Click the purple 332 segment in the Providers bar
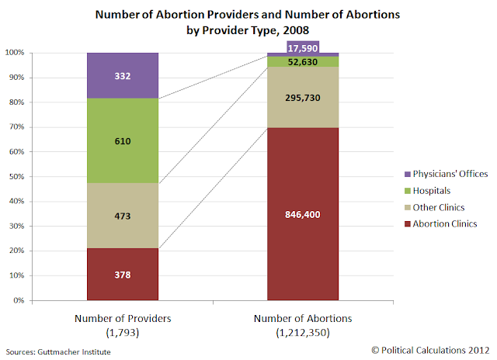pyautogui.click(x=123, y=76)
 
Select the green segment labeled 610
pyautogui.click(x=123, y=141)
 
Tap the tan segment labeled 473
pyautogui.click(x=123, y=216)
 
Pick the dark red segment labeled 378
pyautogui.click(x=123, y=274)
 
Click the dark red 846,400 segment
pyautogui.click(x=303, y=214)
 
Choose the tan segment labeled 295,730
pyautogui.click(x=303, y=97)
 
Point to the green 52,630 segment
pyautogui.click(x=303, y=62)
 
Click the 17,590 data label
pyautogui.click(x=303, y=48)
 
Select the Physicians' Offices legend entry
pyautogui.click(x=447, y=174)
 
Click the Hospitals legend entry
pyautogui.click(x=428, y=191)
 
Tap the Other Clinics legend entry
pyautogui.click(x=435, y=207)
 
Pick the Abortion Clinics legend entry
pyautogui.click(x=441, y=224)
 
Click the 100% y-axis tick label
pyautogui.click(x=15, y=53)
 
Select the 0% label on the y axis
pyautogui.click(x=19, y=300)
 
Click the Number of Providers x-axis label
pyautogui.click(x=123, y=318)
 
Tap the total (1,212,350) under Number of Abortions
pyautogui.click(x=303, y=333)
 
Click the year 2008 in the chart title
pyautogui.click(x=296, y=30)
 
